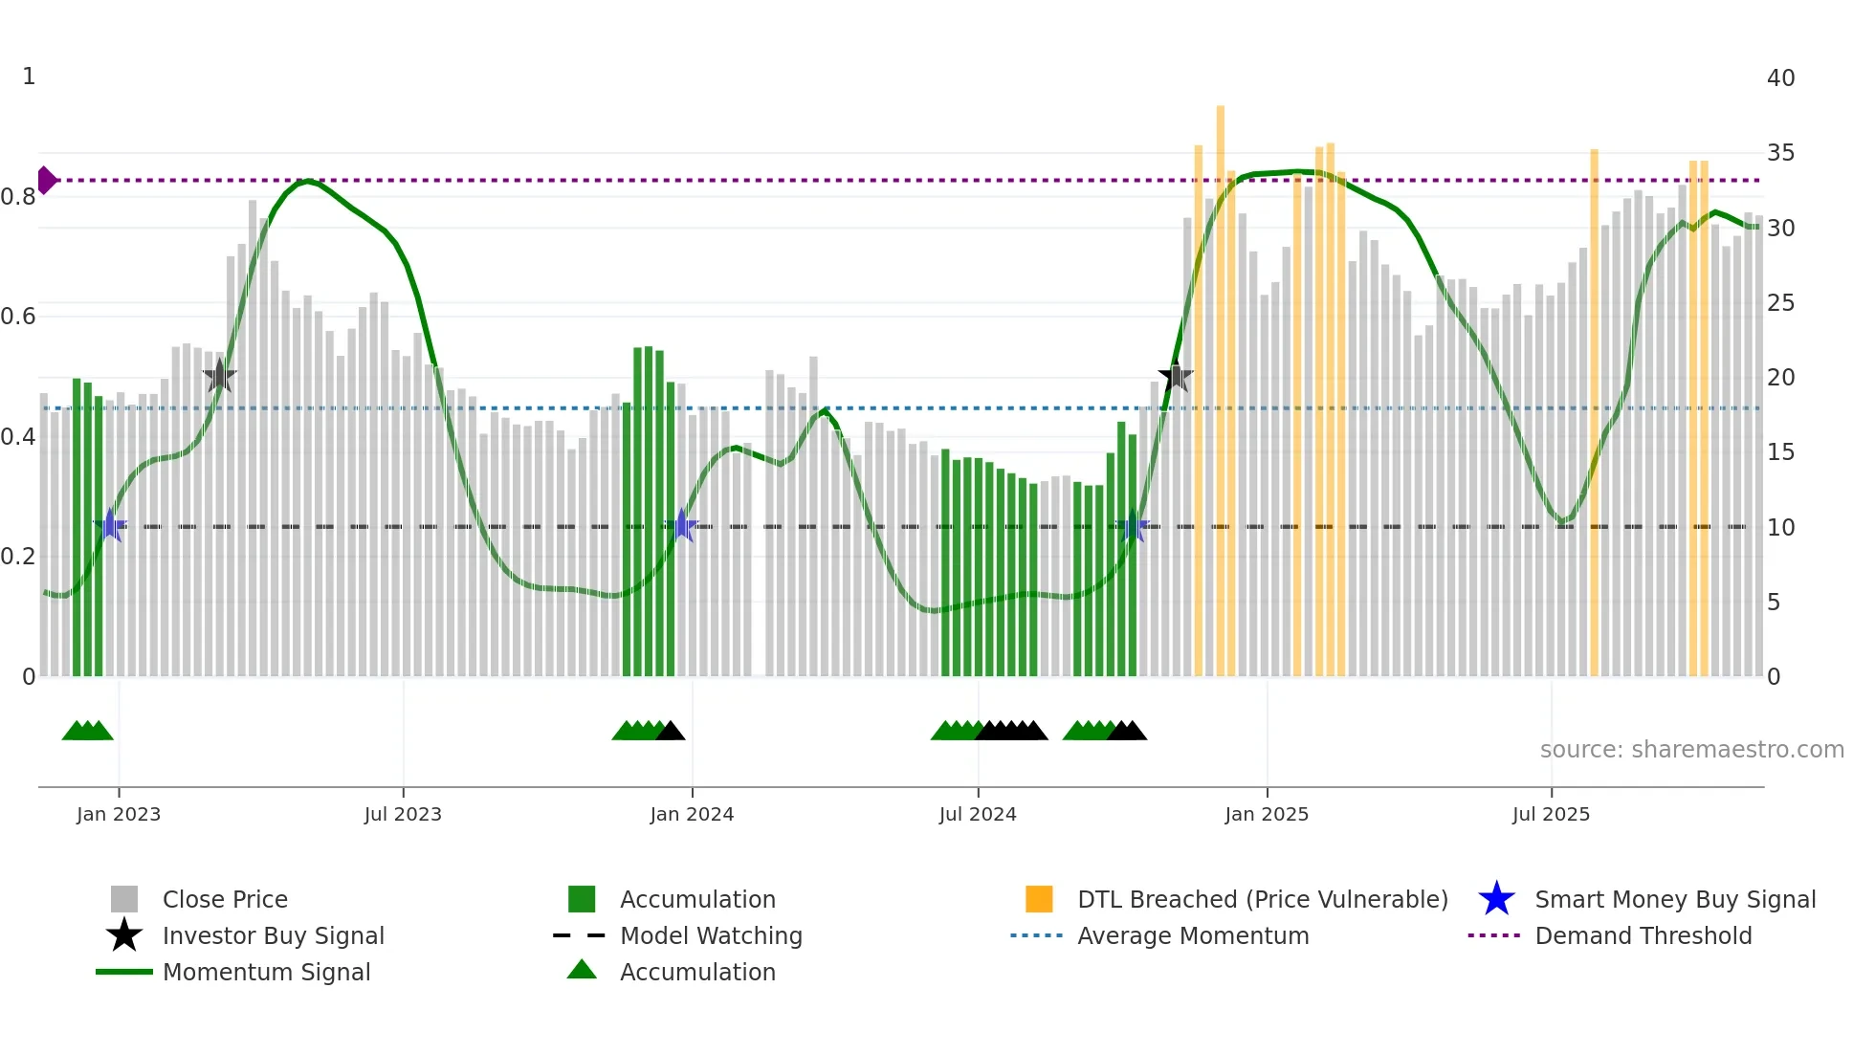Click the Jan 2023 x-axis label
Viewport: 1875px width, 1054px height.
click(x=119, y=814)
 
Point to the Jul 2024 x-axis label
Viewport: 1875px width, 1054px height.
click(x=978, y=814)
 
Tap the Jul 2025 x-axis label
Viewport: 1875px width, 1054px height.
click(x=1551, y=814)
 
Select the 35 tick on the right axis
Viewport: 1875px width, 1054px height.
click(x=1780, y=153)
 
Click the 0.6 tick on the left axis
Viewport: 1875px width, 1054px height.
click(x=19, y=317)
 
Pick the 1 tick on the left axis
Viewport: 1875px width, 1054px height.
click(x=29, y=77)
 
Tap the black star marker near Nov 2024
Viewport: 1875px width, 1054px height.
click(x=1176, y=377)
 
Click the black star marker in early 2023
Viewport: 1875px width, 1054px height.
click(x=220, y=376)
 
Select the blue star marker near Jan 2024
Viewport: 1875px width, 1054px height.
click(x=682, y=525)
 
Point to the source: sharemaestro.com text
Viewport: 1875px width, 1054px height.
click(x=1691, y=750)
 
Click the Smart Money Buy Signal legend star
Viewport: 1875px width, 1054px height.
click(x=1496, y=899)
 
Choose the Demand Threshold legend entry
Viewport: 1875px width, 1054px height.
click(x=1643, y=935)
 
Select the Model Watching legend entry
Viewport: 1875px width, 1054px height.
click(x=710, y=935)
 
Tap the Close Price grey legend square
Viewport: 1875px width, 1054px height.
click(x=124, y=899)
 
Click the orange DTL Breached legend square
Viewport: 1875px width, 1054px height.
click(x=1039, y=899)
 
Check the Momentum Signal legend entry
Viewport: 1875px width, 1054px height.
click(x=266, y=972)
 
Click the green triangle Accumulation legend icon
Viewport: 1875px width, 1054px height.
click(x=582, y=970)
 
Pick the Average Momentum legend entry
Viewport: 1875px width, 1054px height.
click(x=1192, y=935)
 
